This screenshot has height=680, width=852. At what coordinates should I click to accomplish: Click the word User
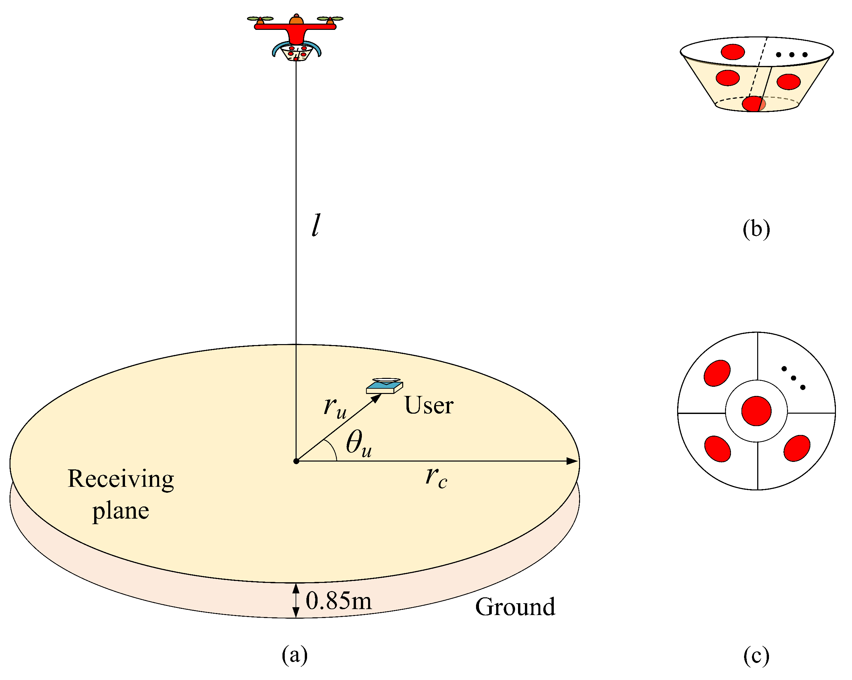[x=429, y=405]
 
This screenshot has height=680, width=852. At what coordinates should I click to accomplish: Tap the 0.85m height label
[x=339, y=601]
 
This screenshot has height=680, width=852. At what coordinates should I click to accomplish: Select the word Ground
[x=515, y=607]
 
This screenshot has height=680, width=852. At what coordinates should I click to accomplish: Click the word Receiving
[x=121, y=479]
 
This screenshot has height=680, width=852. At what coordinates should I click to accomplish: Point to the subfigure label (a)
[x=294, y=655]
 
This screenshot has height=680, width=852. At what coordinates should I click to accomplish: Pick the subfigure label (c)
[x=756, y=655]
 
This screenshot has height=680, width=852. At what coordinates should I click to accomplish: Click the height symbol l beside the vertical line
[x=315, y=225]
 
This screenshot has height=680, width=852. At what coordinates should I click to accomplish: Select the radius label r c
[x=436, y=477]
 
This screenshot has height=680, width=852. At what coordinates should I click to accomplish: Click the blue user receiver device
[x=384, y=386]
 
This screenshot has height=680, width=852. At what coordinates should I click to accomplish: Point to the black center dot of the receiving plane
[x=296, y=461]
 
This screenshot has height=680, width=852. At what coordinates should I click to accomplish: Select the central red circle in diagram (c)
[x=756, y=411]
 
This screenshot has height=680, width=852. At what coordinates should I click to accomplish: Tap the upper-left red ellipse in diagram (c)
[x=717, y=373]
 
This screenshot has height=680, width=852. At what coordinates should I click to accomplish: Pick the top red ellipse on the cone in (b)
[x=733, y=52]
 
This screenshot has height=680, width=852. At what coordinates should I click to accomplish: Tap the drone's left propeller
[x=260, y=19]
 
